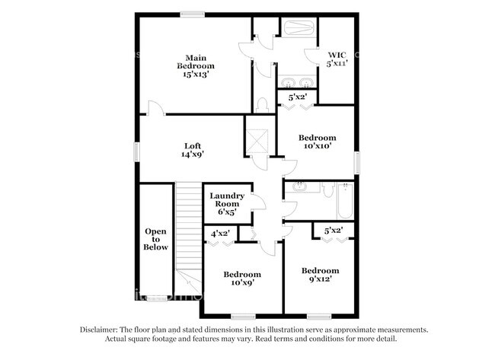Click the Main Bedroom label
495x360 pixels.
[196, 66]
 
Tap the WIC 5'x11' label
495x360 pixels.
[337, 59]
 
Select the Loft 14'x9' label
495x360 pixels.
[192, 149]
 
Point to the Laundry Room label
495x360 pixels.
[228, 204]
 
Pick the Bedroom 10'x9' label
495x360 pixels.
[241, 279]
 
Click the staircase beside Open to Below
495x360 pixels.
[188, 228]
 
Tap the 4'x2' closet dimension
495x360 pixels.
[221, 233]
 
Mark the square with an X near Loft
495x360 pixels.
[258, 141]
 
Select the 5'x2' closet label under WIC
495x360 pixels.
[297, 97]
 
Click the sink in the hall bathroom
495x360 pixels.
[299, 186]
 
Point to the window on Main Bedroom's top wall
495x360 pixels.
[191, 14]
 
